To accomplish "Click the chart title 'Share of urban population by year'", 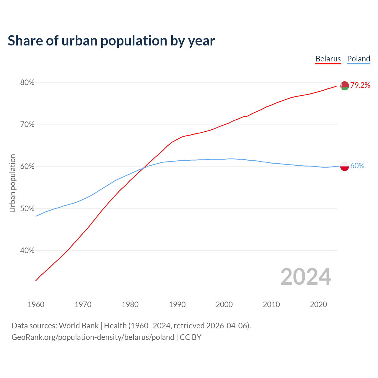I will click(x=111, y=41).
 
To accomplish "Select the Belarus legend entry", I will click(x=328, y=59).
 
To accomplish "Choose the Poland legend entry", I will click(x=359, y=59).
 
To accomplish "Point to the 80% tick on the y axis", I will click(x=27, y=83).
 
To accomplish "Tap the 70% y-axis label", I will click(x=27, y=125).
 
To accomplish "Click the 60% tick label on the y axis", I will click(x=27, y=167).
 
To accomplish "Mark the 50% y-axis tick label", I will click(x=27, y=208).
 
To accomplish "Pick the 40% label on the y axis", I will click(x=27, y=250).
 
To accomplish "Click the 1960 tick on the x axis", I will click(x=36, y=304).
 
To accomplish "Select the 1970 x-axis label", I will click(x=83, y=304).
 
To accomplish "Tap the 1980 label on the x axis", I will click(x=130, y=304).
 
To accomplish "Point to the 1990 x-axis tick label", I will click(x=177, y=304).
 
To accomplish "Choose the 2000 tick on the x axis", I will click(x=224, y=304).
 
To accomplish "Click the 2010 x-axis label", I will click(x=271, y=304).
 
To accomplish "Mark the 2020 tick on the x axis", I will click(x=318, y=304).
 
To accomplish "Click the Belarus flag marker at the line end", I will click(x=344, y=86).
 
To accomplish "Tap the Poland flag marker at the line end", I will click(x=344, y=166).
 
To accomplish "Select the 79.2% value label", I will click(x=360, y=85).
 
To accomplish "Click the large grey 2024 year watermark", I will click(x=306, y=277).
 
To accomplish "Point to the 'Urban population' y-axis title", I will click(x=12, y=183).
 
